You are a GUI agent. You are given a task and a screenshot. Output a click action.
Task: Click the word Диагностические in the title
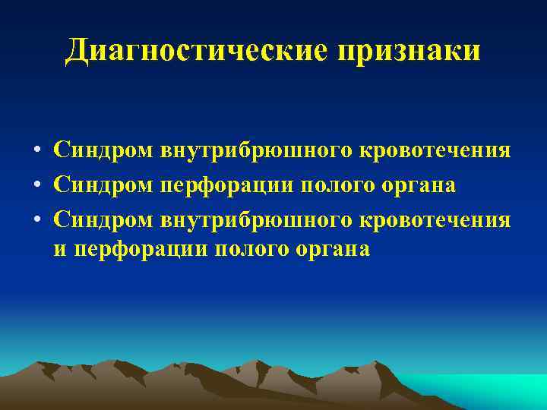(194, 51)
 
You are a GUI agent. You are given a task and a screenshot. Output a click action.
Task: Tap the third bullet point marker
(36, 219)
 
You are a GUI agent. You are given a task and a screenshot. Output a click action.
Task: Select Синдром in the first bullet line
(103, 151)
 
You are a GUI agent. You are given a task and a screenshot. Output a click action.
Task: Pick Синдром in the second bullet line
(103, 185)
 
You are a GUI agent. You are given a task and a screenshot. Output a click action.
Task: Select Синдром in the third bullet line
(103, 219)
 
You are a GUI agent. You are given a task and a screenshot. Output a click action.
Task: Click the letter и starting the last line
(59, 251)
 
